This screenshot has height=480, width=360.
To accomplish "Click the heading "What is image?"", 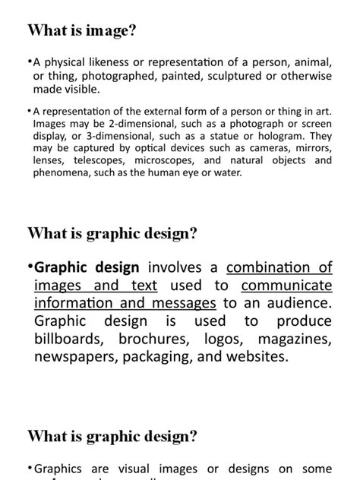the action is pos(83,30).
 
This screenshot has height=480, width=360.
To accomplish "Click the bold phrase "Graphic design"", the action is pos(87,267).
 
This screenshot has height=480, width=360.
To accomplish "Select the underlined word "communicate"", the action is pos(287,286).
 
